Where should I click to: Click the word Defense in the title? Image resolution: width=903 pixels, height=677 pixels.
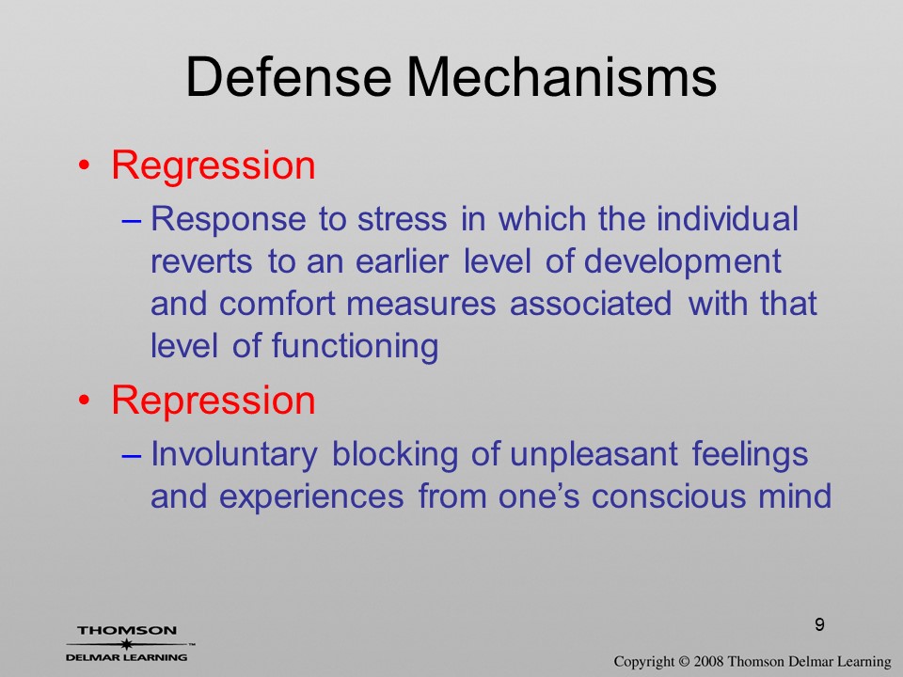pos(289,76)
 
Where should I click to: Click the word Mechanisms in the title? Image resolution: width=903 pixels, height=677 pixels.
pos(562,76)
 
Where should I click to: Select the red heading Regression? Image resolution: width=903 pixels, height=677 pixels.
pos(214,166)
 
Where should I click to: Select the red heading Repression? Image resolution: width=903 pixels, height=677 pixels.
pos(214,401)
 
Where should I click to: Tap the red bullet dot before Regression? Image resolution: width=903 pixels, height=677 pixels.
pos(85,166)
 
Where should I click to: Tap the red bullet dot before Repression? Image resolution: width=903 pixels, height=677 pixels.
pos(85,401)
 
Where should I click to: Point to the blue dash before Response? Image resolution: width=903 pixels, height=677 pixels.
pos(132,222)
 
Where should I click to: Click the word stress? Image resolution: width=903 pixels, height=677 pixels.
pos(402,220)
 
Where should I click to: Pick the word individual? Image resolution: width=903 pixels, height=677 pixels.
pos(727,219)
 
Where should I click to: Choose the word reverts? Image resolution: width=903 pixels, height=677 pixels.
pos(201,262)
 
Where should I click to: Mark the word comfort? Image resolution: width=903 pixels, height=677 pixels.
pos(277,304)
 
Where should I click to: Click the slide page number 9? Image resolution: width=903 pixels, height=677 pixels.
pos(819,624)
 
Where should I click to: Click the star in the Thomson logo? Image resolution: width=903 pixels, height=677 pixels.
pos(126,644)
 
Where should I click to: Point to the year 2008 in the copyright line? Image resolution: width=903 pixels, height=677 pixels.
pos(706,661)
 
